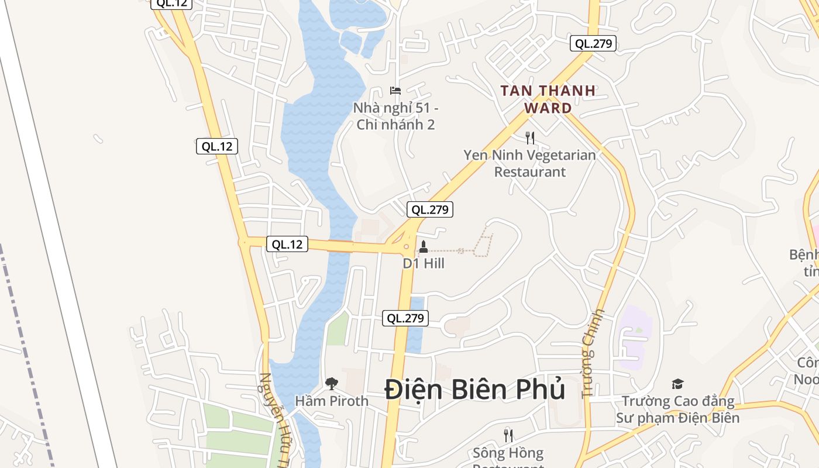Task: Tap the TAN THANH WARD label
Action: click(x=548, y=99)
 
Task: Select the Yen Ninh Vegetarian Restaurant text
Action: click(x=530, y=163)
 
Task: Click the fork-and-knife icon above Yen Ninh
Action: click(x=530, y=138)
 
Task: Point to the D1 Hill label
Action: click(x=424, y=264)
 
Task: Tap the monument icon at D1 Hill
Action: click(x=424, y=247)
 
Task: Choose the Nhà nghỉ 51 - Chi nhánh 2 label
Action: click(x=395, y=116)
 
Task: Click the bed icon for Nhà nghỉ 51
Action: click(x=395, y=91)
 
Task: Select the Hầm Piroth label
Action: click(x=332, y=401)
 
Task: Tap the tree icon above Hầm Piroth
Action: click(x=332, y=384)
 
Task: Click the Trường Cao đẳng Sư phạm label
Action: click(x=677, y=409)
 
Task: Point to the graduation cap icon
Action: click(x=677, y=384)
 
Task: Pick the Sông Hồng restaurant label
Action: click(x=508, y=454)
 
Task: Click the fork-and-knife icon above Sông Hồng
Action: click(x=508, y=435)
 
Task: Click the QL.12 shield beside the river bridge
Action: click(x=287, y=244)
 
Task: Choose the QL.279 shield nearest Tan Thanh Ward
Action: click(x=594, y=43)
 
